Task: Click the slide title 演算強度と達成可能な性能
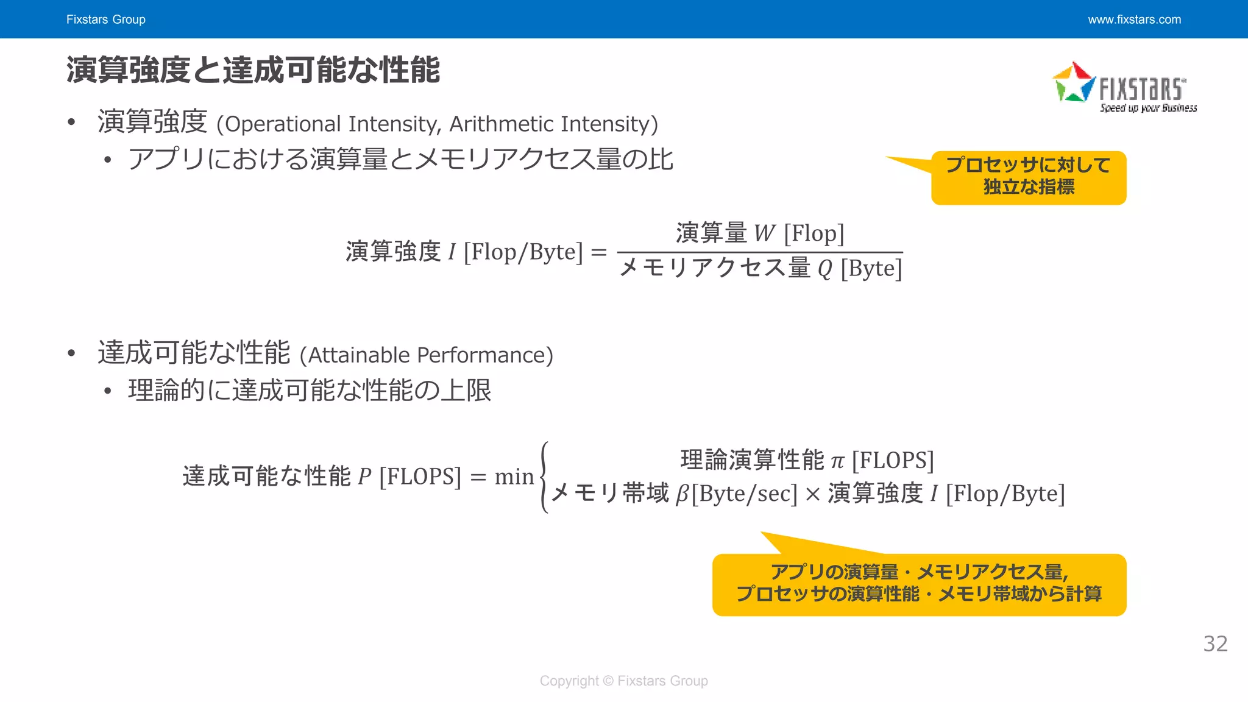coord(253,69)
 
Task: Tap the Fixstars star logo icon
coord(1074,83)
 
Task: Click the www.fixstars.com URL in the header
coord(1134,19)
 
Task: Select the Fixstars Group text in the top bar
coord(106,19)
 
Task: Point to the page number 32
coord(1215,643)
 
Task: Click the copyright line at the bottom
coord(623,681)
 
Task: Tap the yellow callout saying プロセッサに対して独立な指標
coord(1028,177)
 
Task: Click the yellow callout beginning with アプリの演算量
coord(919,584)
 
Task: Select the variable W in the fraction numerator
coord(765,233)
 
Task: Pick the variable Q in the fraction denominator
coord(824,269)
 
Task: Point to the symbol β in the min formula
coord(682,494)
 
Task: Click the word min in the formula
coord(514,477)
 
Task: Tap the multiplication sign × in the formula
coord(812,494)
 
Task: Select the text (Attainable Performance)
coord(427,355)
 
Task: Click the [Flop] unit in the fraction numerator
coord(814,233)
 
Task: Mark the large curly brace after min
coord(544,477)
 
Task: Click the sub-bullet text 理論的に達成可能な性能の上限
coord(310,391)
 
